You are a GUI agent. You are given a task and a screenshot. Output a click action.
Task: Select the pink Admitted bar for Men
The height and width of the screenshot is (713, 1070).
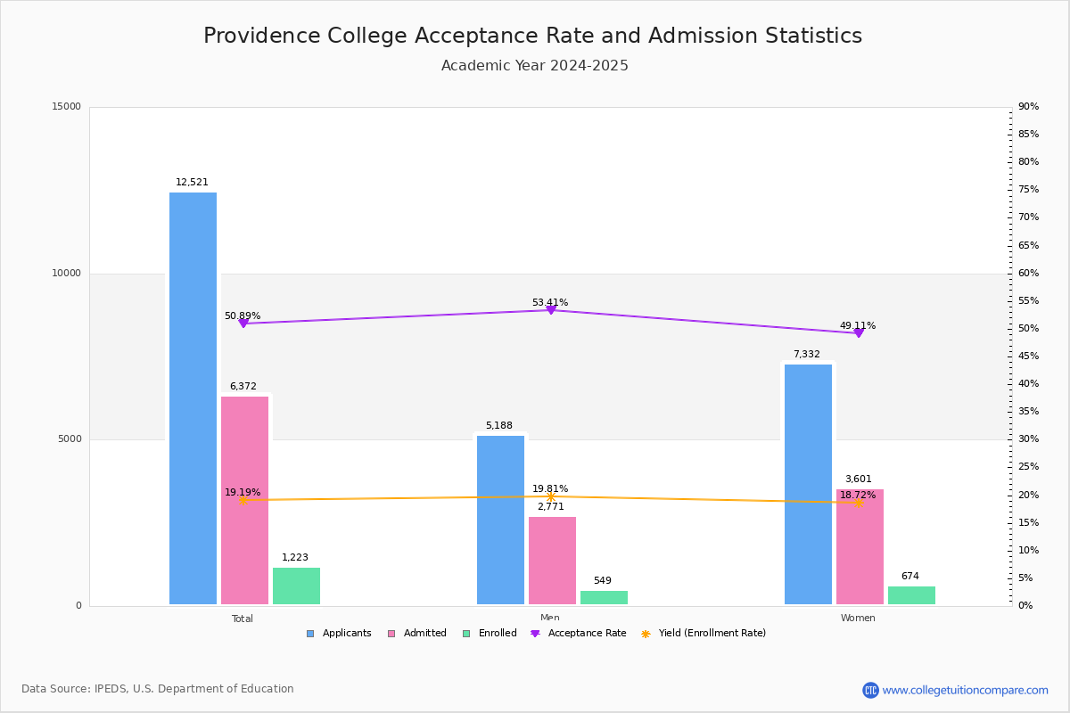coord(552,561)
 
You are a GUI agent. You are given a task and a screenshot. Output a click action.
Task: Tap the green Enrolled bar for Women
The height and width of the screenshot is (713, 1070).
coord(911,595)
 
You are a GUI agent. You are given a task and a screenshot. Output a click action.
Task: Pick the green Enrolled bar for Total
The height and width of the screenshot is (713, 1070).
coord(296,586)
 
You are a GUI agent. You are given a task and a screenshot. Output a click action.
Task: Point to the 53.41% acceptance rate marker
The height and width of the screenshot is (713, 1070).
coord(551,309)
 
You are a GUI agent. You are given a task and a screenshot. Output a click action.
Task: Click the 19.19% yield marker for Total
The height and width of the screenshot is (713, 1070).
coord(243,500)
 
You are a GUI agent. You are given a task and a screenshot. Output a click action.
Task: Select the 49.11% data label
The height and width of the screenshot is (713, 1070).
coord(858,325)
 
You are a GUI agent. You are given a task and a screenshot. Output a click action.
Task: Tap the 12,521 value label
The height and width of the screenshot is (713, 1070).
coord(192,183)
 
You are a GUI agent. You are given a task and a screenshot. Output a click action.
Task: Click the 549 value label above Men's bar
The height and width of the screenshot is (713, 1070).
coord(603,581)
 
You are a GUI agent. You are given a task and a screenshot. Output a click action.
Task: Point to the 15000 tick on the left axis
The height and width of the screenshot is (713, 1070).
coord(67,107)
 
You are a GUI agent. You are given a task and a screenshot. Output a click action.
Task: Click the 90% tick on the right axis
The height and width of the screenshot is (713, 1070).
coord(1028,107)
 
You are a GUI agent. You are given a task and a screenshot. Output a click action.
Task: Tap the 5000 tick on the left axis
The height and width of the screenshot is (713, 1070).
coord(70,439)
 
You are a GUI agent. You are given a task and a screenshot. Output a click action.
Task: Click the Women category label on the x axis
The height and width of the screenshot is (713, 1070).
coord(858,619)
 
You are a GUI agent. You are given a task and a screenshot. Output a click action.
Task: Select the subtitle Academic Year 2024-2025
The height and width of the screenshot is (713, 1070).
coord(535,66)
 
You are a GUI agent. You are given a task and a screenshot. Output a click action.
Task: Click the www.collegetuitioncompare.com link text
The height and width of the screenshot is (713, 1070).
coord(965,690)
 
